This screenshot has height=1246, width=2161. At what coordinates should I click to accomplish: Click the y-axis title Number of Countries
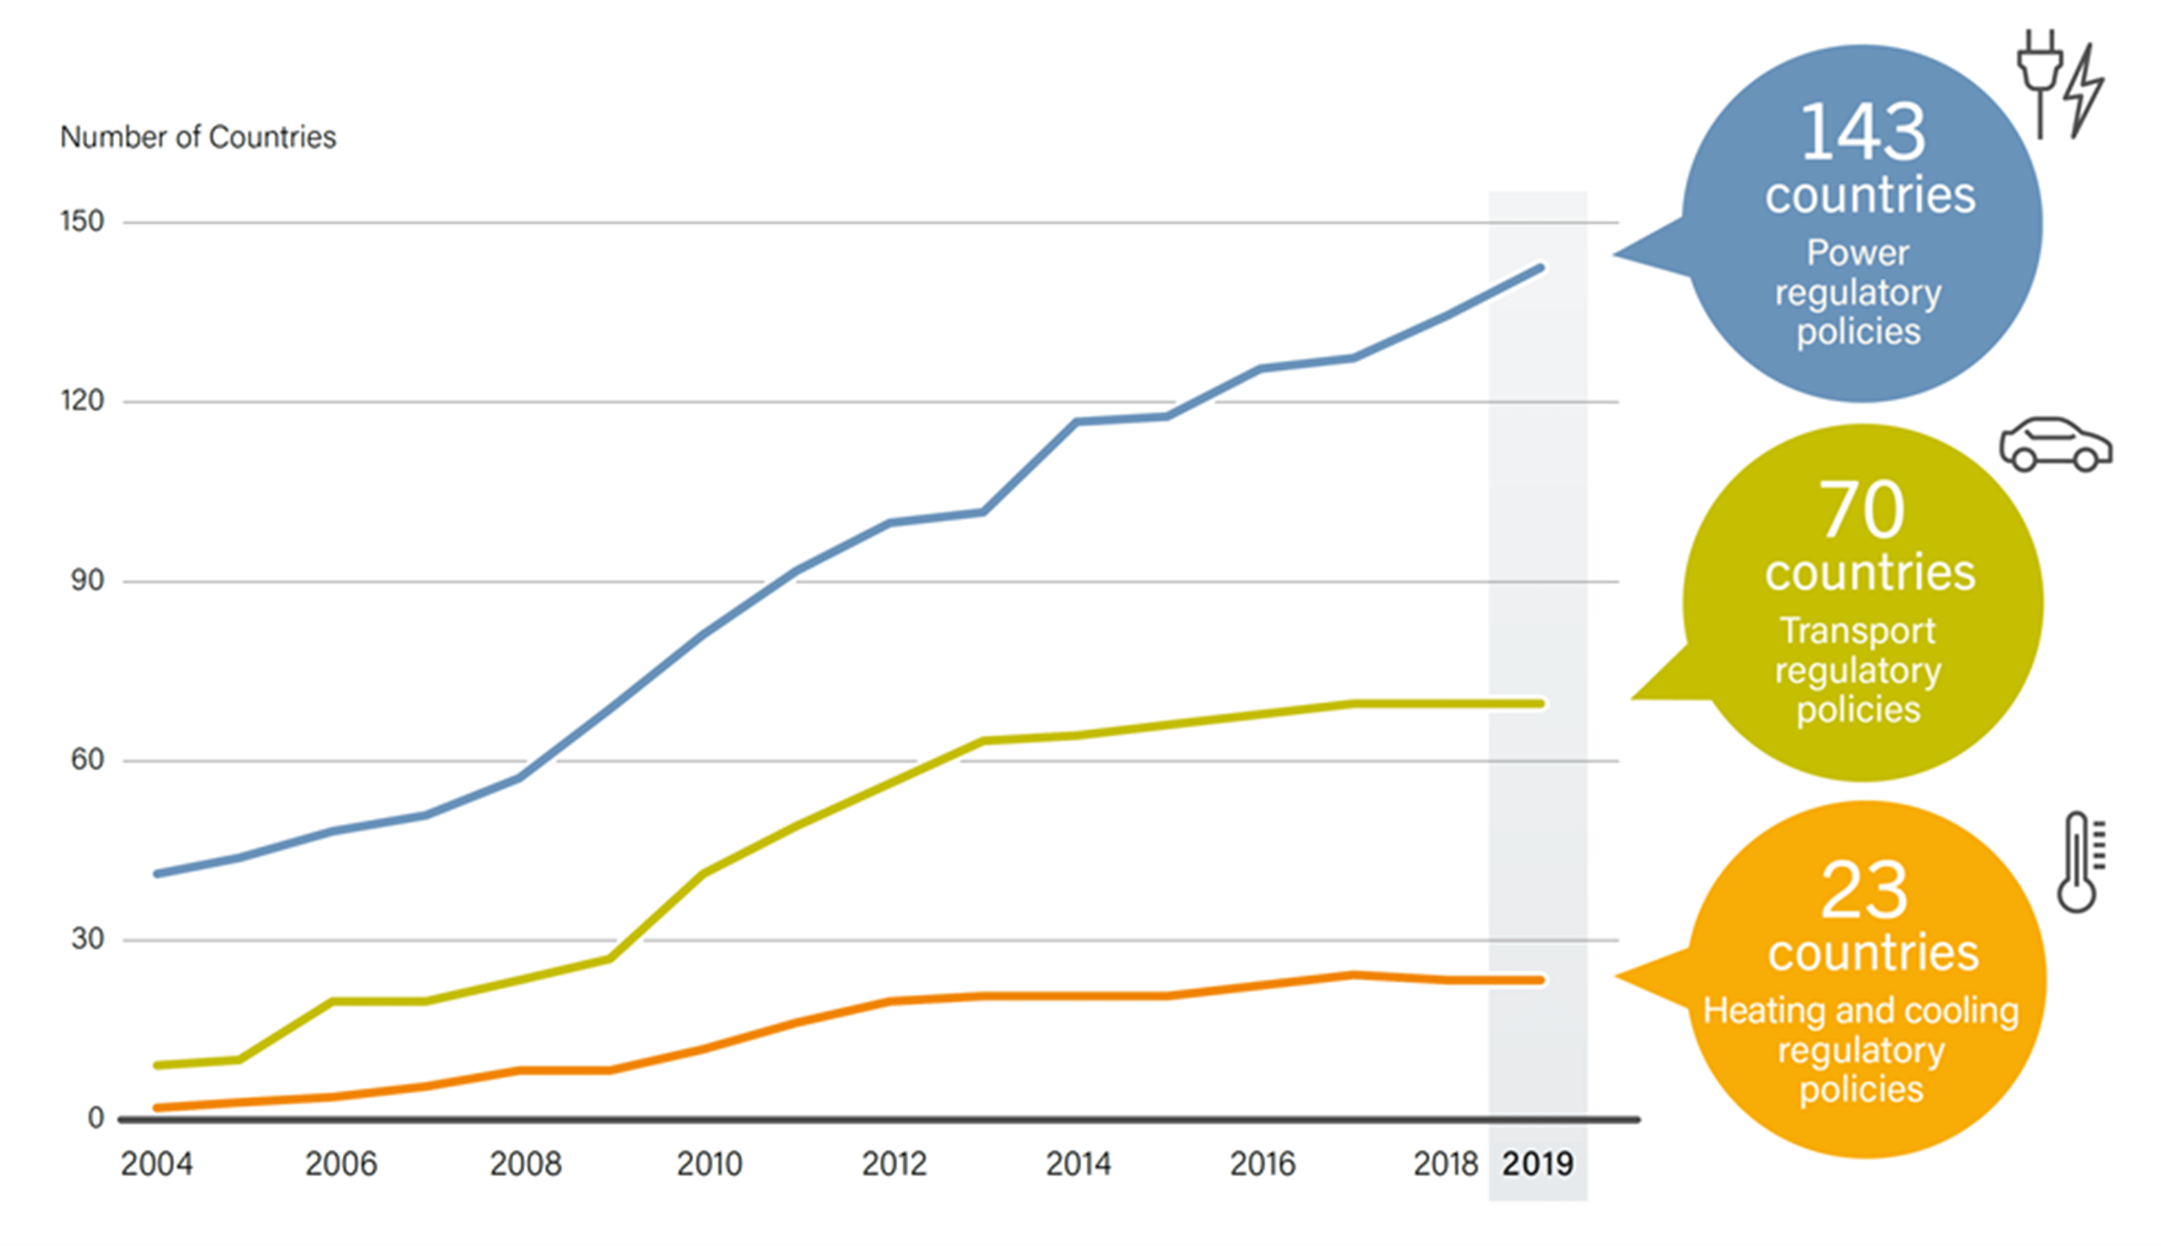[197, 137]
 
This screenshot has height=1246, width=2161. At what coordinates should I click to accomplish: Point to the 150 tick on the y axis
[82, 222]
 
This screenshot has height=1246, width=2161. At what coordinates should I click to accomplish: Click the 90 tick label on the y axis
[87, 581]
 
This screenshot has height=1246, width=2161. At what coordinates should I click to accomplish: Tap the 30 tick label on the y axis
[87, 940]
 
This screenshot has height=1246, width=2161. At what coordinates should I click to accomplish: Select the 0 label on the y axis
[96, 1118]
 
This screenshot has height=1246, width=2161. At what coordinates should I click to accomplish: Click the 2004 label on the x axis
[156, 1165]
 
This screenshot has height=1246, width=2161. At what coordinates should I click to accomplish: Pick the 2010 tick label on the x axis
[709, 1165]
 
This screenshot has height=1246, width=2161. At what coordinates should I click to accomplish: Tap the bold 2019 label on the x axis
[1538, 1165]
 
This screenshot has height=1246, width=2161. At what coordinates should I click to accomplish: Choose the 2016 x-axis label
[1262, 1165]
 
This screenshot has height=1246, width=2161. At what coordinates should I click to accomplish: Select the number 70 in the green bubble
[1862, 510]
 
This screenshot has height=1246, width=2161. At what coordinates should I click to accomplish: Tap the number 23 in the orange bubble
[1864, 891]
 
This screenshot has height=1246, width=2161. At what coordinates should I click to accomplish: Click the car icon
[2055, 445]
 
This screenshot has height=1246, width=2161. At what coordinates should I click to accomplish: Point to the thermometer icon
[2078, 862]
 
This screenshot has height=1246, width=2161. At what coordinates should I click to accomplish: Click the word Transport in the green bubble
[1858, 631]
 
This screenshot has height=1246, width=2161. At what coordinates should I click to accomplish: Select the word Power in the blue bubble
[1858, 254]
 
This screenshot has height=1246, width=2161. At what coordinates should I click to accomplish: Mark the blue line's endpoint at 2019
[1541, 268]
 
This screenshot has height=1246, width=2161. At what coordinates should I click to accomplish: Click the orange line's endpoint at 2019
[1541, 981]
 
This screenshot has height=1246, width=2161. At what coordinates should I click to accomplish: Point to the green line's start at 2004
[157, 1065]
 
